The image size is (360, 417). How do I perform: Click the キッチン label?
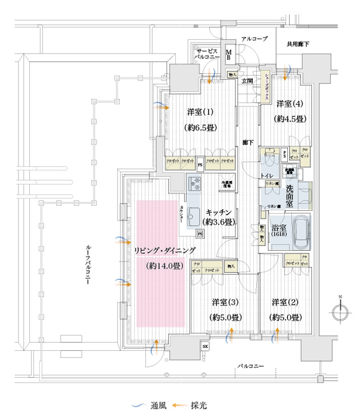pos(219,211)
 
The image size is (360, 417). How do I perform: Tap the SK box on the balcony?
pos(205,346)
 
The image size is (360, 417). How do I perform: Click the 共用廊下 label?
pos(297,43)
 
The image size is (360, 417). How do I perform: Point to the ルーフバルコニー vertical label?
pos(88,264)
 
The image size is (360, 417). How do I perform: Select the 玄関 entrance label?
pos(247,80)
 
